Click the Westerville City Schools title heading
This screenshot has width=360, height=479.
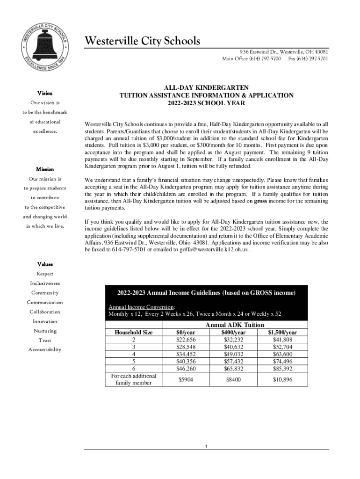142,41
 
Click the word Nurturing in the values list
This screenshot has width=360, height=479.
45,331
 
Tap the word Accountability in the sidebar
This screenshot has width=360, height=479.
45,349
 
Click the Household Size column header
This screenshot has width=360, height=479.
134,333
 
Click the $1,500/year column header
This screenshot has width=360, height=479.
282,333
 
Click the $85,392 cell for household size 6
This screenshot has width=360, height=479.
282,369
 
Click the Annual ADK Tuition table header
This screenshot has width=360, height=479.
235,325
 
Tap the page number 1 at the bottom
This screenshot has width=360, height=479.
206,447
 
